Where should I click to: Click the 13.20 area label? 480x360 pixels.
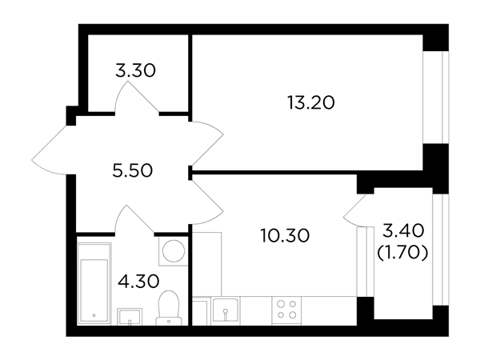(311, 102)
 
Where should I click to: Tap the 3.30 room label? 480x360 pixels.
(136, 70)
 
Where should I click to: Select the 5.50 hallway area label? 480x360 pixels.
(132, 170)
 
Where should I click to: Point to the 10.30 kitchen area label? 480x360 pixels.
(285, 236)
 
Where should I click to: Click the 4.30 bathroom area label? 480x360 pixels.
(138, 281)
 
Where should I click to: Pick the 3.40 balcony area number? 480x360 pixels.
(403, 230)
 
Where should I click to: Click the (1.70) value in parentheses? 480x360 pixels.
(402, 253)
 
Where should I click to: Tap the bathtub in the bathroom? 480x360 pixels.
(94, 283)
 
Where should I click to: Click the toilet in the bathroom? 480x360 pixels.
(169, 308)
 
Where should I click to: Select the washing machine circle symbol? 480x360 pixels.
(174, 251)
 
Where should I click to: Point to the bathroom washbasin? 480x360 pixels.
(130, 317)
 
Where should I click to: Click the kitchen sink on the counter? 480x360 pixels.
(226, 310)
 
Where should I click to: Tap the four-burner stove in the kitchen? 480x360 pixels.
(286, 310)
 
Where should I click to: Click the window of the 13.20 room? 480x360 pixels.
(436, 97)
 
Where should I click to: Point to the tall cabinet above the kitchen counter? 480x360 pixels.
(206, 264)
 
